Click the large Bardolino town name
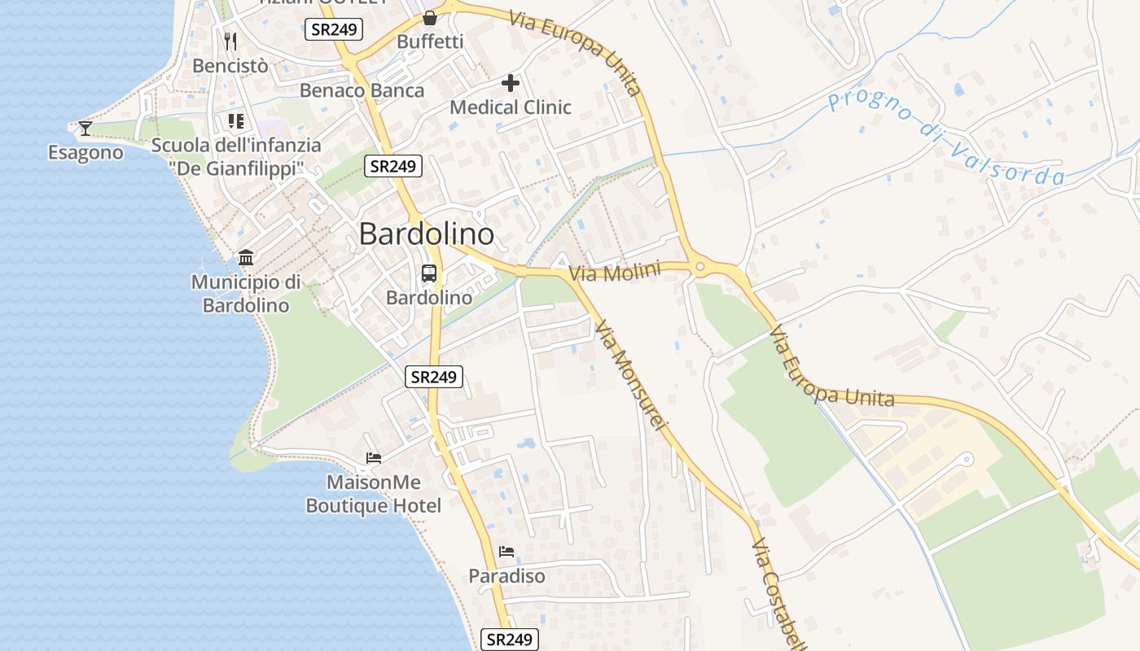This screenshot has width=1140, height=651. click(x=426, y=234)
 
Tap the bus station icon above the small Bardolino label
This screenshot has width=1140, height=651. click(x=429, y=273)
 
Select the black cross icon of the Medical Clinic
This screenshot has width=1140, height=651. click(x=511, y=82)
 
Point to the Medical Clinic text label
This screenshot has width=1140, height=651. click(x=511, y=107)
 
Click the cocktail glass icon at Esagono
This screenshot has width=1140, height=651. click(x=85, y=129)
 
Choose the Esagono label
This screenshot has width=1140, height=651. click(x=85, y=153)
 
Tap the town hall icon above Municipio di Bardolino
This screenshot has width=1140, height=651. click(x=246, y=258)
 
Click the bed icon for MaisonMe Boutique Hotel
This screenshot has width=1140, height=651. click(x=374, y=458)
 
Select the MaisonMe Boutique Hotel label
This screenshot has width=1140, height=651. click(x=373, y=494)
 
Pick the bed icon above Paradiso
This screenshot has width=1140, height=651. click(x=506, y=552)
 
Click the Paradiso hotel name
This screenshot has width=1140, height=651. click(x=506, y=576)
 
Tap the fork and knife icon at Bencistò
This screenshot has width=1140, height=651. click(x=230, y=41)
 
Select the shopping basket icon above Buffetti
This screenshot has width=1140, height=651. click(x=430, y=17)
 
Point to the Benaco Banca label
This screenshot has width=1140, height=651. click(x=362, y=90)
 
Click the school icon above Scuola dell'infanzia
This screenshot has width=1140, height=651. click(x=236, y=121)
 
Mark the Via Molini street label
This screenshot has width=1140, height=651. click(x=614, y=272)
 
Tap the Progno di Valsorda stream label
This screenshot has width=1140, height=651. click(x=945, y=138)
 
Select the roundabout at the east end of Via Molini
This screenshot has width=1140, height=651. click(x=699, y=267)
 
